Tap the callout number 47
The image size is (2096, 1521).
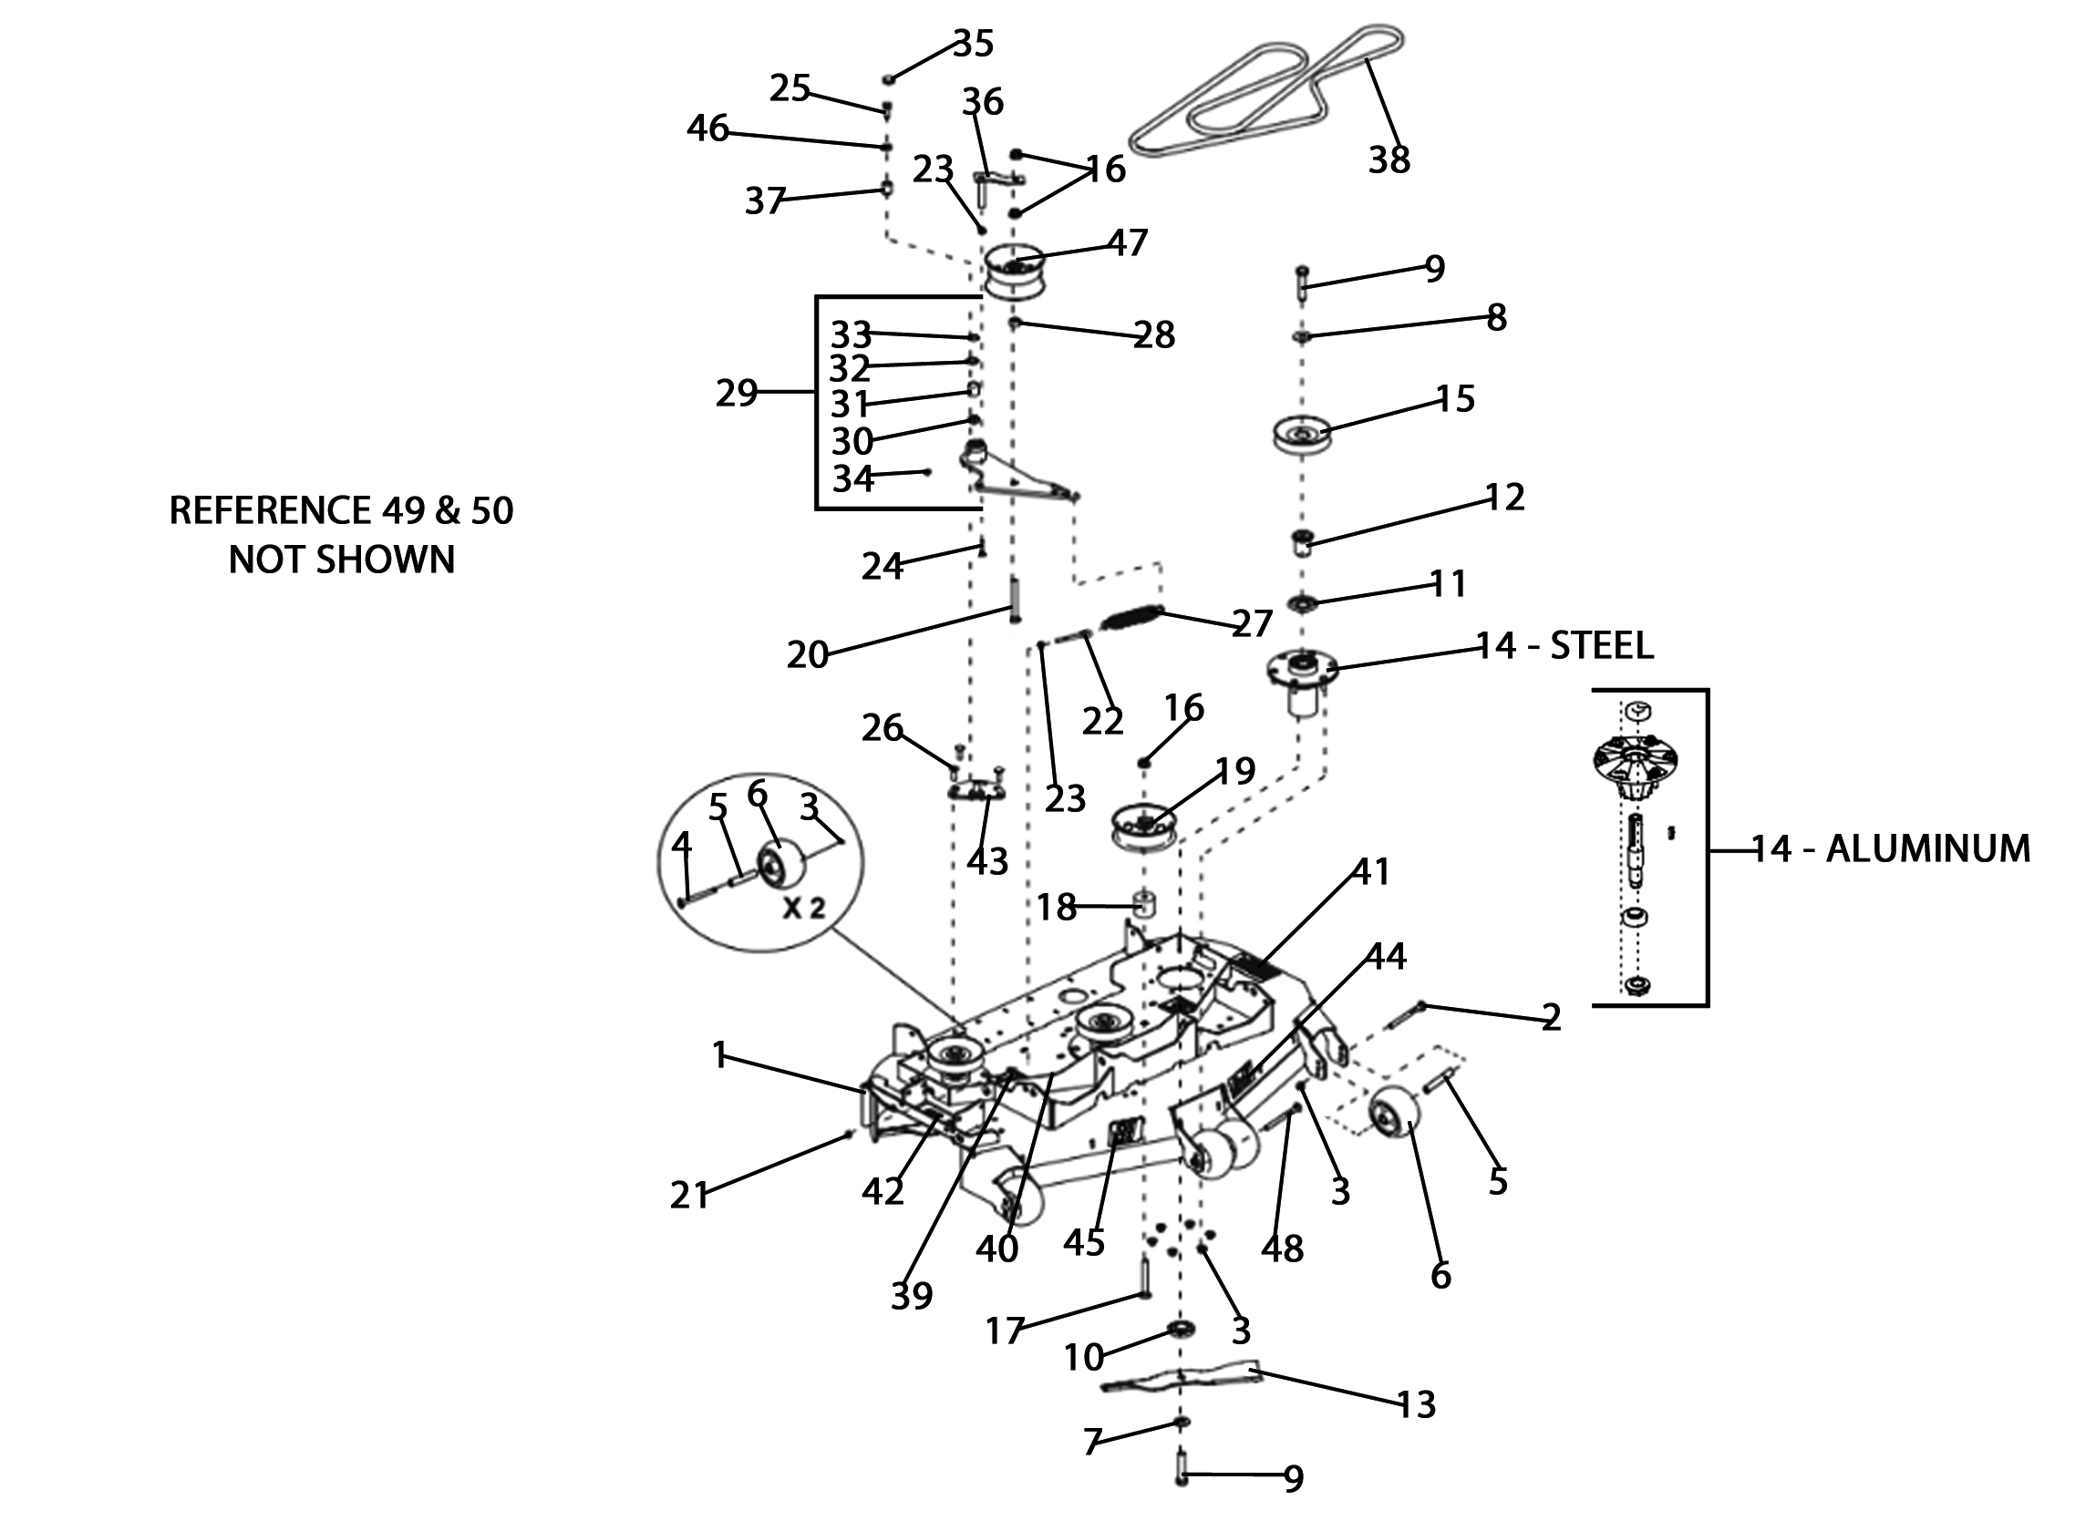[x=1127, y=243]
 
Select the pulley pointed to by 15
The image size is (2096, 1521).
[x=1300, y=435]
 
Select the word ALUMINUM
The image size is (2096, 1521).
[x=1928, y=848]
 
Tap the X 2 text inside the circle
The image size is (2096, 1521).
[x=803, y=908]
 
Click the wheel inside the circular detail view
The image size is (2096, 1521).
[x=780, y=861]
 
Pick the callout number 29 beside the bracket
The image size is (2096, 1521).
[x=737, y=394]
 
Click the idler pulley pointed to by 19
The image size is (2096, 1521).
[x=1143, y=825]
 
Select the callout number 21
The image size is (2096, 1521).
[x=688, y=1196]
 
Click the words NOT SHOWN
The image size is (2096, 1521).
[x=342, y=560]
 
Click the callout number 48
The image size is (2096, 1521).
[x=1282, y=1249]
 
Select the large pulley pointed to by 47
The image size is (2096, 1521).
[x=1012, y=271]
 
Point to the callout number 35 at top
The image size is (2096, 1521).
[x=972, y=44]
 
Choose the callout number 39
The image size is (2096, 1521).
[x=911, y=1297]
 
